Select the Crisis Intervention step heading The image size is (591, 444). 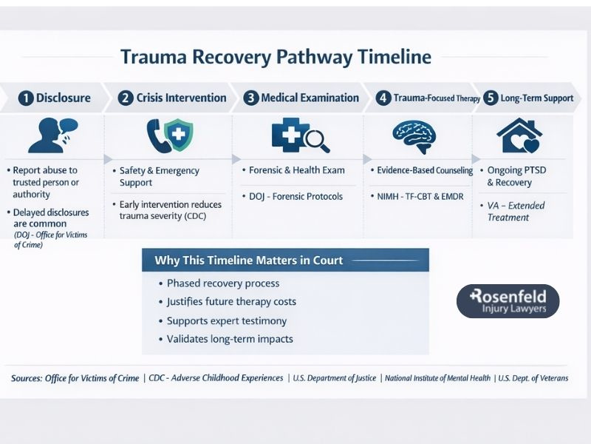[x=181, y=98]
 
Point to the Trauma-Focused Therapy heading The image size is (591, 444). [x=428, y=98]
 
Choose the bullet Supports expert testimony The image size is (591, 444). [x=226, y=321]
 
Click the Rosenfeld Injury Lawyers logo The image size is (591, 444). [x=508, y=301]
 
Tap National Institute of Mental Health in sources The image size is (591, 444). [x=438, y=378]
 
